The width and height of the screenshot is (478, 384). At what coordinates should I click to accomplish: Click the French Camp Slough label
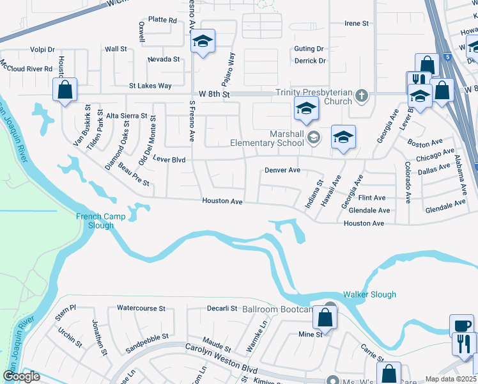coord(95,221)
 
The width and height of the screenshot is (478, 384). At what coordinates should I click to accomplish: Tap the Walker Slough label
coord(369,294)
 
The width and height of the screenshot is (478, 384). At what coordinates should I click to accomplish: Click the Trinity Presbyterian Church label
coord(314,97)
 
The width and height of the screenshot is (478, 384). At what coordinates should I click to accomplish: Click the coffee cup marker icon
coord(461,324)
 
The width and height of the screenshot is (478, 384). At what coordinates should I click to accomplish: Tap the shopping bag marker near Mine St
coord(325,318)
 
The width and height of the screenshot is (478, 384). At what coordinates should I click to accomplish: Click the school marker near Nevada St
coord(203,42)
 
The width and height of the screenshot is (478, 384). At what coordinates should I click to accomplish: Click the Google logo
coord(21,376)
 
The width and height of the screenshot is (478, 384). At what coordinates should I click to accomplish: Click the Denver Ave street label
coord(282,170)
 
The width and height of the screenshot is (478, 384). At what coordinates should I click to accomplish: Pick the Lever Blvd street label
coord(169,160)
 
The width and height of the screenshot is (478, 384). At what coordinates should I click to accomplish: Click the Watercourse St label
coord(141,308)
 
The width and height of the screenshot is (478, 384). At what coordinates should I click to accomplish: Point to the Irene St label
coord(357,24)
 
